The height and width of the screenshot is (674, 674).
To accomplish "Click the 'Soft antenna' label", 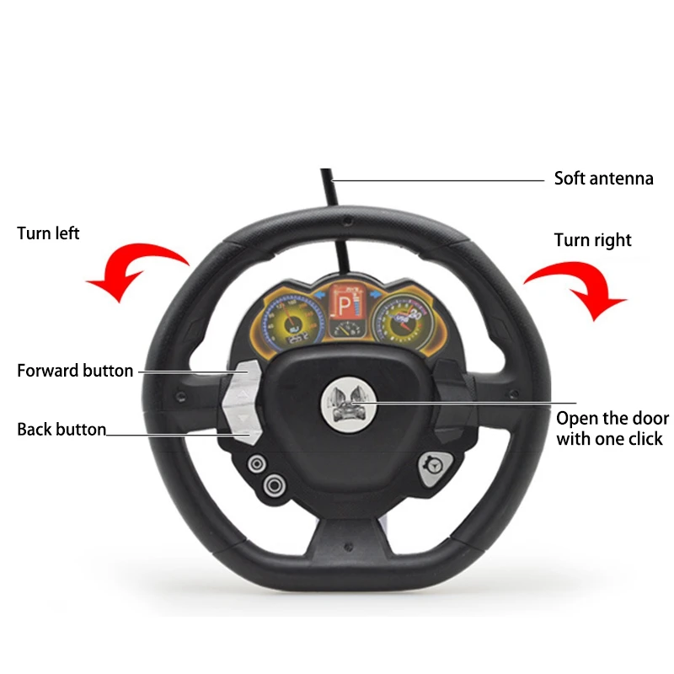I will point(603,179).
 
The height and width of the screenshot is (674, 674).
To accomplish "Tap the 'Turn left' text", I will point(48,233).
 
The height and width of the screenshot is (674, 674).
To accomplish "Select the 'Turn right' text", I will point(592,240).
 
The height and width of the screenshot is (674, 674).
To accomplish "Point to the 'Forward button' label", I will point(75,371).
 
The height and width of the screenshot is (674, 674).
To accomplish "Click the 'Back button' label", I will point(62,430).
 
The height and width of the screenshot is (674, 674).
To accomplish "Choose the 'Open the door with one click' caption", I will point(612,428).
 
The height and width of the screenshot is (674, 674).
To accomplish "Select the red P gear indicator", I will point(346,303).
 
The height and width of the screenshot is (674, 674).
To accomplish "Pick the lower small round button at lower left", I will point(274,484).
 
